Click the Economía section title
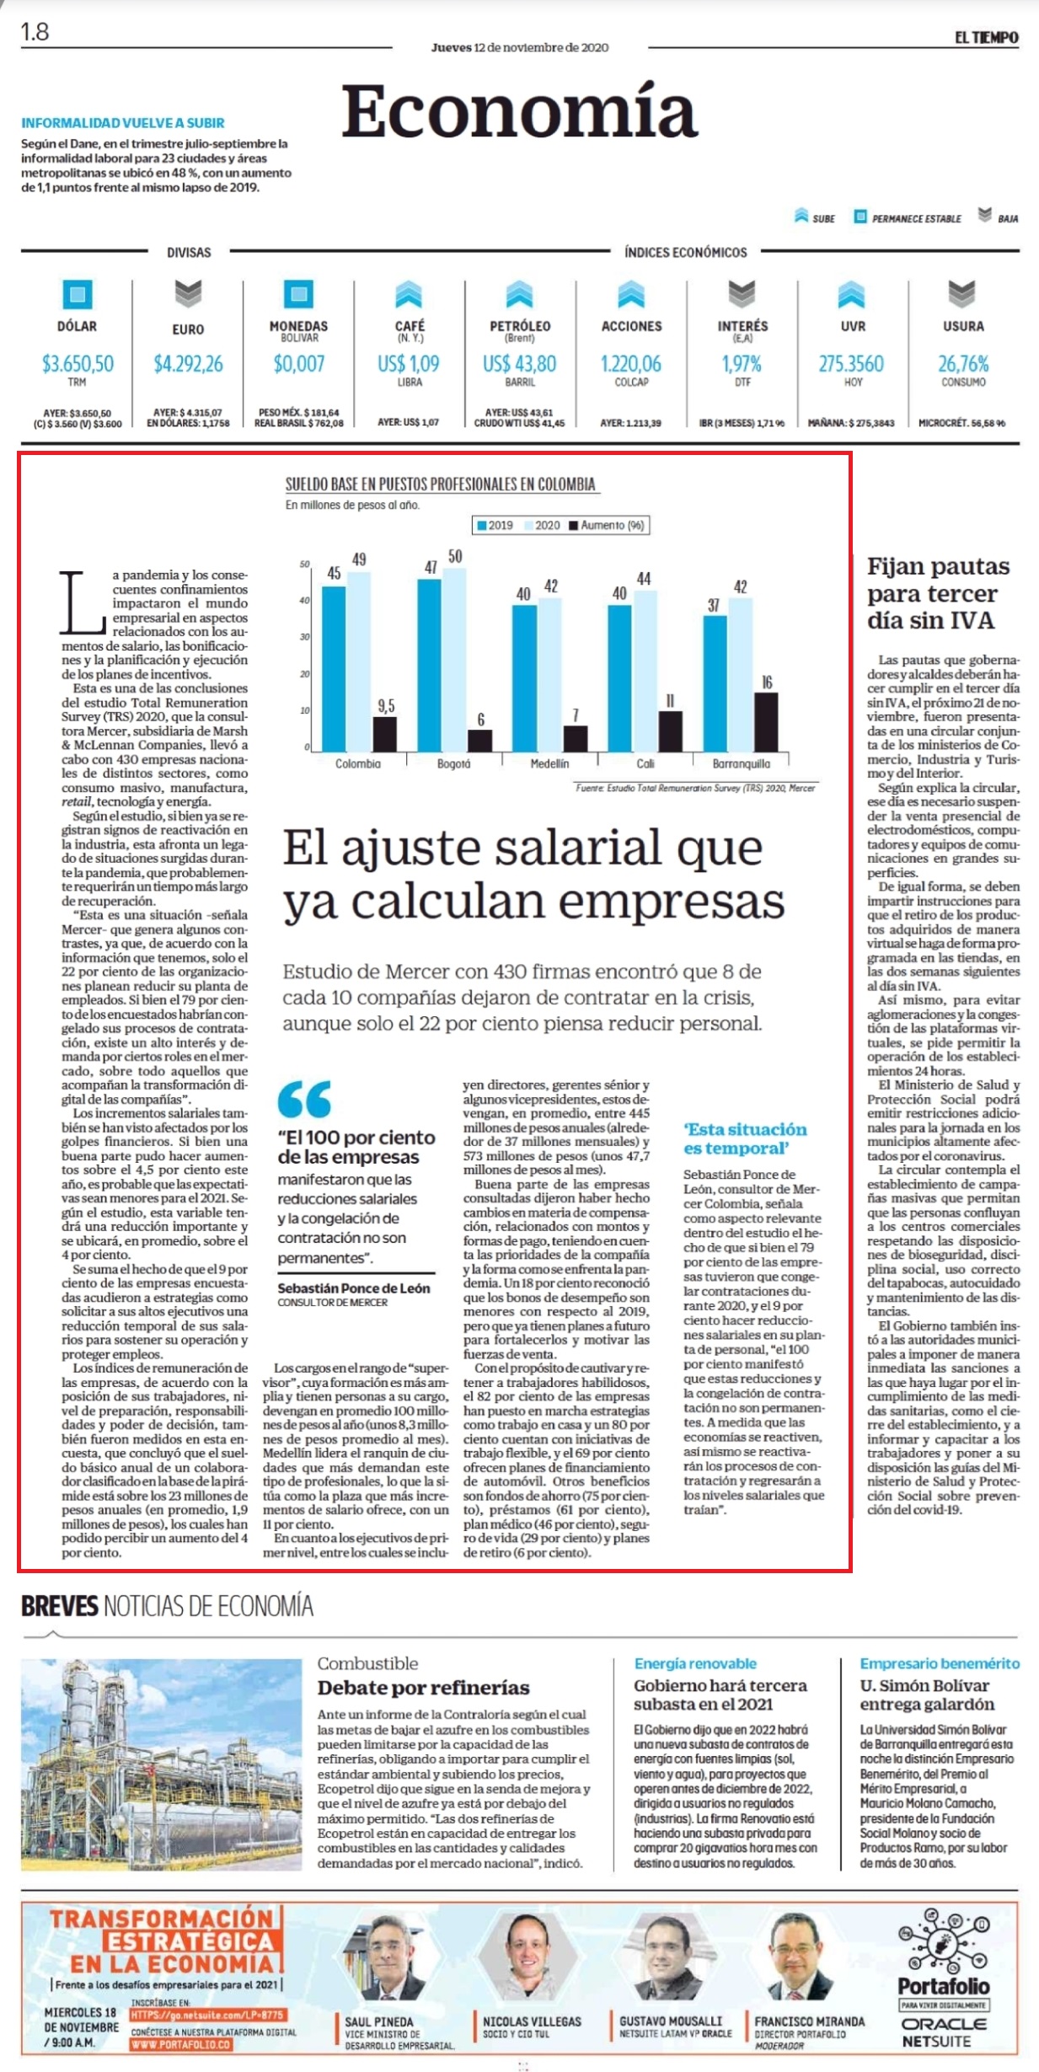click(519, 112)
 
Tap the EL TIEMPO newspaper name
click(986, 37)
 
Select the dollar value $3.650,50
click(78, 364)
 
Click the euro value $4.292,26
click(188, 364)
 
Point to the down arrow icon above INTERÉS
click(742, 293)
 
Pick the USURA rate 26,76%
click(963, 364)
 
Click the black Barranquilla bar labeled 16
click(766, 722)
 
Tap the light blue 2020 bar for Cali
click(645, 671)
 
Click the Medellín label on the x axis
click(549, 763)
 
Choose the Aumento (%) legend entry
click(607, 525)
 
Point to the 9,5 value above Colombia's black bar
click(386, 706)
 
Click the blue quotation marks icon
click(304, 1099)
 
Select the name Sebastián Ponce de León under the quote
click(354, 1288)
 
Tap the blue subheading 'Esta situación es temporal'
click(745, 1138)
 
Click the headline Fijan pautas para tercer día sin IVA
click(938, 593)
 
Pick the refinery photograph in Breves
click(161, 1765)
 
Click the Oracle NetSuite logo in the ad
click(944, 2032)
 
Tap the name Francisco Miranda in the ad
click(809, 2021)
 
